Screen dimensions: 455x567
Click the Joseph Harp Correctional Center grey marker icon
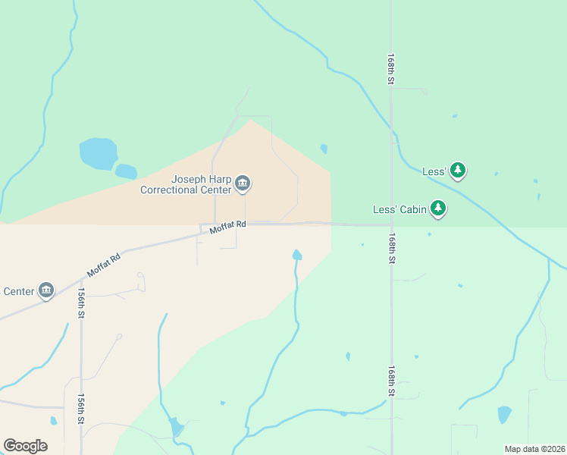pyautogui.click(x=243, y=182)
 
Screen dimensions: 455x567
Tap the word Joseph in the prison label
pyautogui.click(x=189, y=180)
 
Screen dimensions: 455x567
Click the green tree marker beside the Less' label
pyautogui.click(x=457, y=170)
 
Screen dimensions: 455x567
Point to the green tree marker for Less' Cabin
pyautogui.click(x=437, y=207)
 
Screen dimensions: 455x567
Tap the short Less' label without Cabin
pyautogui.click(x=434, y=172)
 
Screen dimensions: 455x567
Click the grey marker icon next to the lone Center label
pyautogui.click(x=46, y=290)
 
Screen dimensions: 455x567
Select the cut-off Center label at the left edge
pyautogui.click(x=18, y=291)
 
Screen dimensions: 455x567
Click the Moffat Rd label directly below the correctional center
pyautogui.click(x=228, y=225)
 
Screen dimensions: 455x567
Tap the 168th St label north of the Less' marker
pyautogui.click(x=390, y=68)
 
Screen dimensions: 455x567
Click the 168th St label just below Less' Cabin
pyautogui.click(x=392, y=248)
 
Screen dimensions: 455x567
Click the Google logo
pyautogui.click(x=25, y=446)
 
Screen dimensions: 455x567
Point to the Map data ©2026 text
pyautogui.click(x=534, y=449)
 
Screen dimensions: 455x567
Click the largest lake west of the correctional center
pyautogui.click(x=98, y=154)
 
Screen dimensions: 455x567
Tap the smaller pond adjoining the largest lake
pyautogui.click(x=126, y=171)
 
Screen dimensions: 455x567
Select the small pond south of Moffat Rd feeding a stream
pyautogui.click(x=297, y=255)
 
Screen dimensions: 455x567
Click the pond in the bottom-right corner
pyautogui.click(x=504, y=414)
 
